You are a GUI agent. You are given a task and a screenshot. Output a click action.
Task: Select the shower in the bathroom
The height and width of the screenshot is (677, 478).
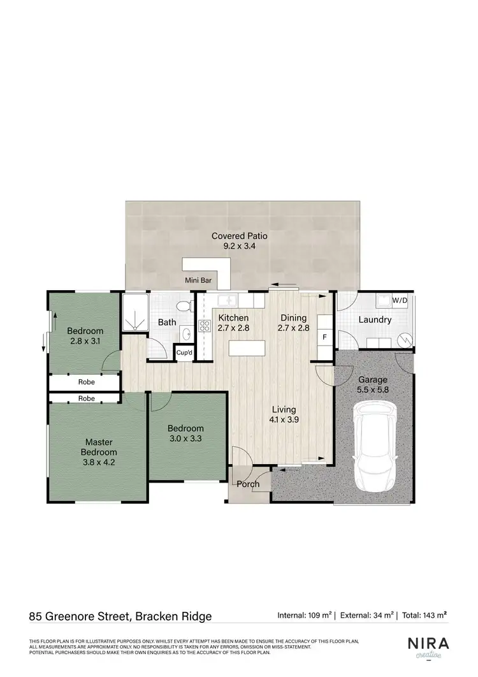click(134, 312)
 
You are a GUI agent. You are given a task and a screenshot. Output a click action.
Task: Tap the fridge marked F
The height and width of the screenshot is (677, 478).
click(324, 336)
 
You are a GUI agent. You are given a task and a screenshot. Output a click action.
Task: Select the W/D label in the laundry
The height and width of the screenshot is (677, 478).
click(400, 300)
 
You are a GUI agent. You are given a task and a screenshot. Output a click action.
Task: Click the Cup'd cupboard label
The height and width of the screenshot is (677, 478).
click(184, 353)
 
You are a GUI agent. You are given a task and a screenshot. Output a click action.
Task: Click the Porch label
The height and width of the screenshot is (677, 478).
click(248, 484)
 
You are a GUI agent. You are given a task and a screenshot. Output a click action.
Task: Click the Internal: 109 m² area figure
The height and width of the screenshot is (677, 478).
click(305, 616)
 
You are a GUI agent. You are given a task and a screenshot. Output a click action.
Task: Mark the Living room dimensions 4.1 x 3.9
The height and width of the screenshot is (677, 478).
click(284, 420)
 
